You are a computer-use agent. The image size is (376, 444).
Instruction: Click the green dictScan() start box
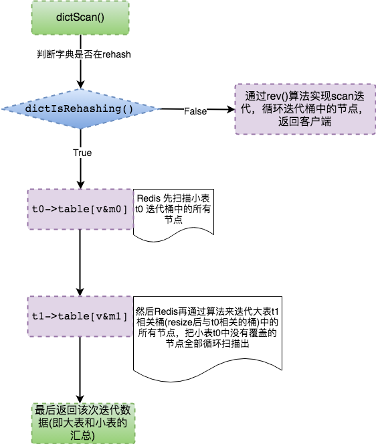80,17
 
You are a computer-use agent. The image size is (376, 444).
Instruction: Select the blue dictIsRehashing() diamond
81,109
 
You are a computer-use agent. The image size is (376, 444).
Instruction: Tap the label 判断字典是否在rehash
84,54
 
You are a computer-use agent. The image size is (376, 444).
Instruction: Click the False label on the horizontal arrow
195,111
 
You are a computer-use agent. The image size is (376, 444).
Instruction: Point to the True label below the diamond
82,153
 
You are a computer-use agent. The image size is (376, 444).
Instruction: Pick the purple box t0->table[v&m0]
80,209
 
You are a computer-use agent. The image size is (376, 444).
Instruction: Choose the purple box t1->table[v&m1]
80,316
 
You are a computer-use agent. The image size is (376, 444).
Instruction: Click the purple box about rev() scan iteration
305,109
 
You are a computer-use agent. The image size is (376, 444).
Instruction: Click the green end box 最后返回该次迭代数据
83,423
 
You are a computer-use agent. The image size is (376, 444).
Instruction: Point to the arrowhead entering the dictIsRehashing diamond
81,84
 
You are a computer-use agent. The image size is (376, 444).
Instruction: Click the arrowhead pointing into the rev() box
231,109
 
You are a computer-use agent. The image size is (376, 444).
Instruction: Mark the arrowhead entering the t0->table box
81,185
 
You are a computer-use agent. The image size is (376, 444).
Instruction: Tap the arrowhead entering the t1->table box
80,292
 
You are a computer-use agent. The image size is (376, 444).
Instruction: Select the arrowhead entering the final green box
80,398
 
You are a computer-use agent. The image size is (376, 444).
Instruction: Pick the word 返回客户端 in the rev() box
304,121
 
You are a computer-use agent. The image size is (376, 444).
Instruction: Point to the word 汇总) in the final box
82,435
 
